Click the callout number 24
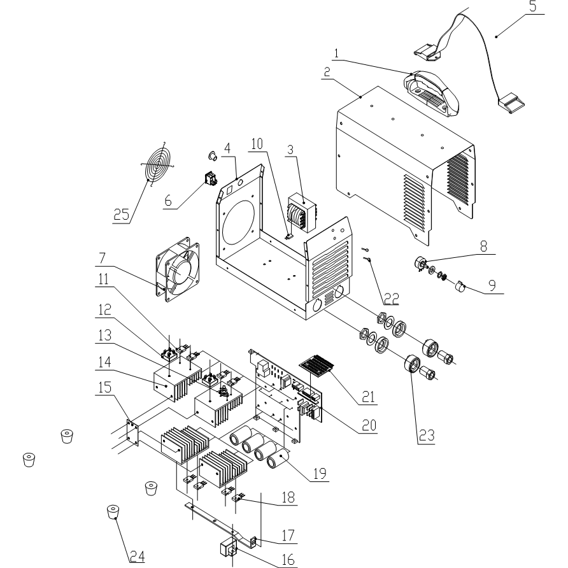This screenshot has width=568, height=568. pyautogui.click(x=136, y=556)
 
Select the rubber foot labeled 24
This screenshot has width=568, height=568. pyautogui.click(x=113, y=512)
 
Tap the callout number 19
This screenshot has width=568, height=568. pyautogui.click(x=320, y=474)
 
